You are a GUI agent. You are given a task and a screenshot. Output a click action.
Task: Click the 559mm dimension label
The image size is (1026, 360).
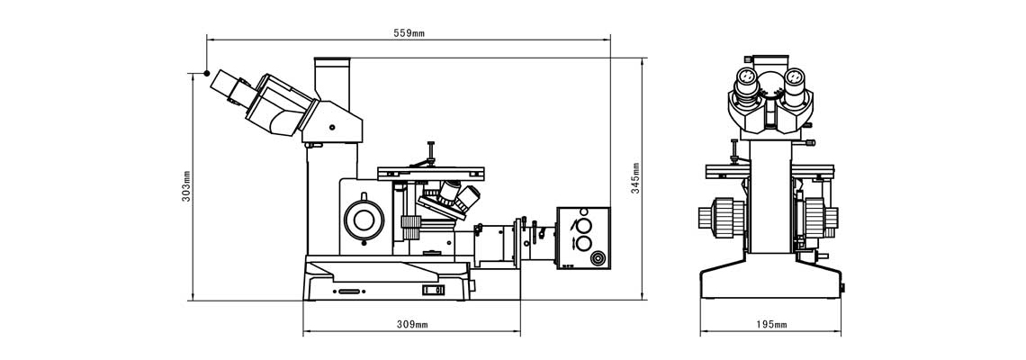409,33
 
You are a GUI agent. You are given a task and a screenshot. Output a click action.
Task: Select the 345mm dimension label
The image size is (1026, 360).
635,178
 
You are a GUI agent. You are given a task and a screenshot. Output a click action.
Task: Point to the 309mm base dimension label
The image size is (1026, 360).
412,324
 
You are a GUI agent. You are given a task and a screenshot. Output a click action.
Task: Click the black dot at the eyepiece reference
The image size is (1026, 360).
207,73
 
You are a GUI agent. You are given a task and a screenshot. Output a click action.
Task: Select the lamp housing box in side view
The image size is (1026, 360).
583,238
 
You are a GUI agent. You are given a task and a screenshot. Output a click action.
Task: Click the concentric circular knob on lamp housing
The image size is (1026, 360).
597,258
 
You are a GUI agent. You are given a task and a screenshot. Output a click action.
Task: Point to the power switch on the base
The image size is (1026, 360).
433,289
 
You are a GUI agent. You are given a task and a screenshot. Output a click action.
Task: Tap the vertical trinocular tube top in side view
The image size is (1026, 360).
332,61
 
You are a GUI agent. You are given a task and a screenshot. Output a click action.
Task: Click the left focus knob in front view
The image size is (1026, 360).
722,218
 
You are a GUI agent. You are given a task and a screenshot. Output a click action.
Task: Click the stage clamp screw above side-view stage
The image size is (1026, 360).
430,152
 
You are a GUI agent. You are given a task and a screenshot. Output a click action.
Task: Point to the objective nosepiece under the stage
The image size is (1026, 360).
451,200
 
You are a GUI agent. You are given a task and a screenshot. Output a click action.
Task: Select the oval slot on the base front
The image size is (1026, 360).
349,292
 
